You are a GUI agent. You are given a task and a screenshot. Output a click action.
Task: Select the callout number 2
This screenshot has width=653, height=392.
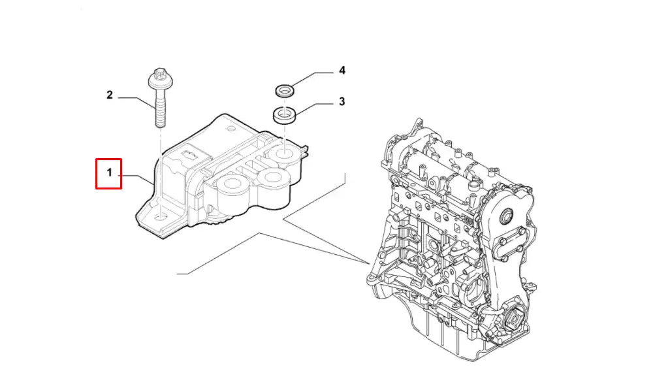(110, 95)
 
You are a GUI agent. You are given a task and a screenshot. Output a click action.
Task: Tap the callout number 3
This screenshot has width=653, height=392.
(341, 102)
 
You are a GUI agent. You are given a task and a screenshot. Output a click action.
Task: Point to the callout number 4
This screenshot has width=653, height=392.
(341, 70)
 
